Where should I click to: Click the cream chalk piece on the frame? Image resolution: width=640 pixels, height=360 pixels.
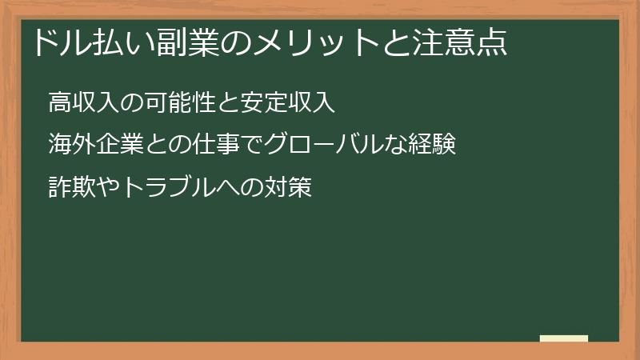tap(563, 338)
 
